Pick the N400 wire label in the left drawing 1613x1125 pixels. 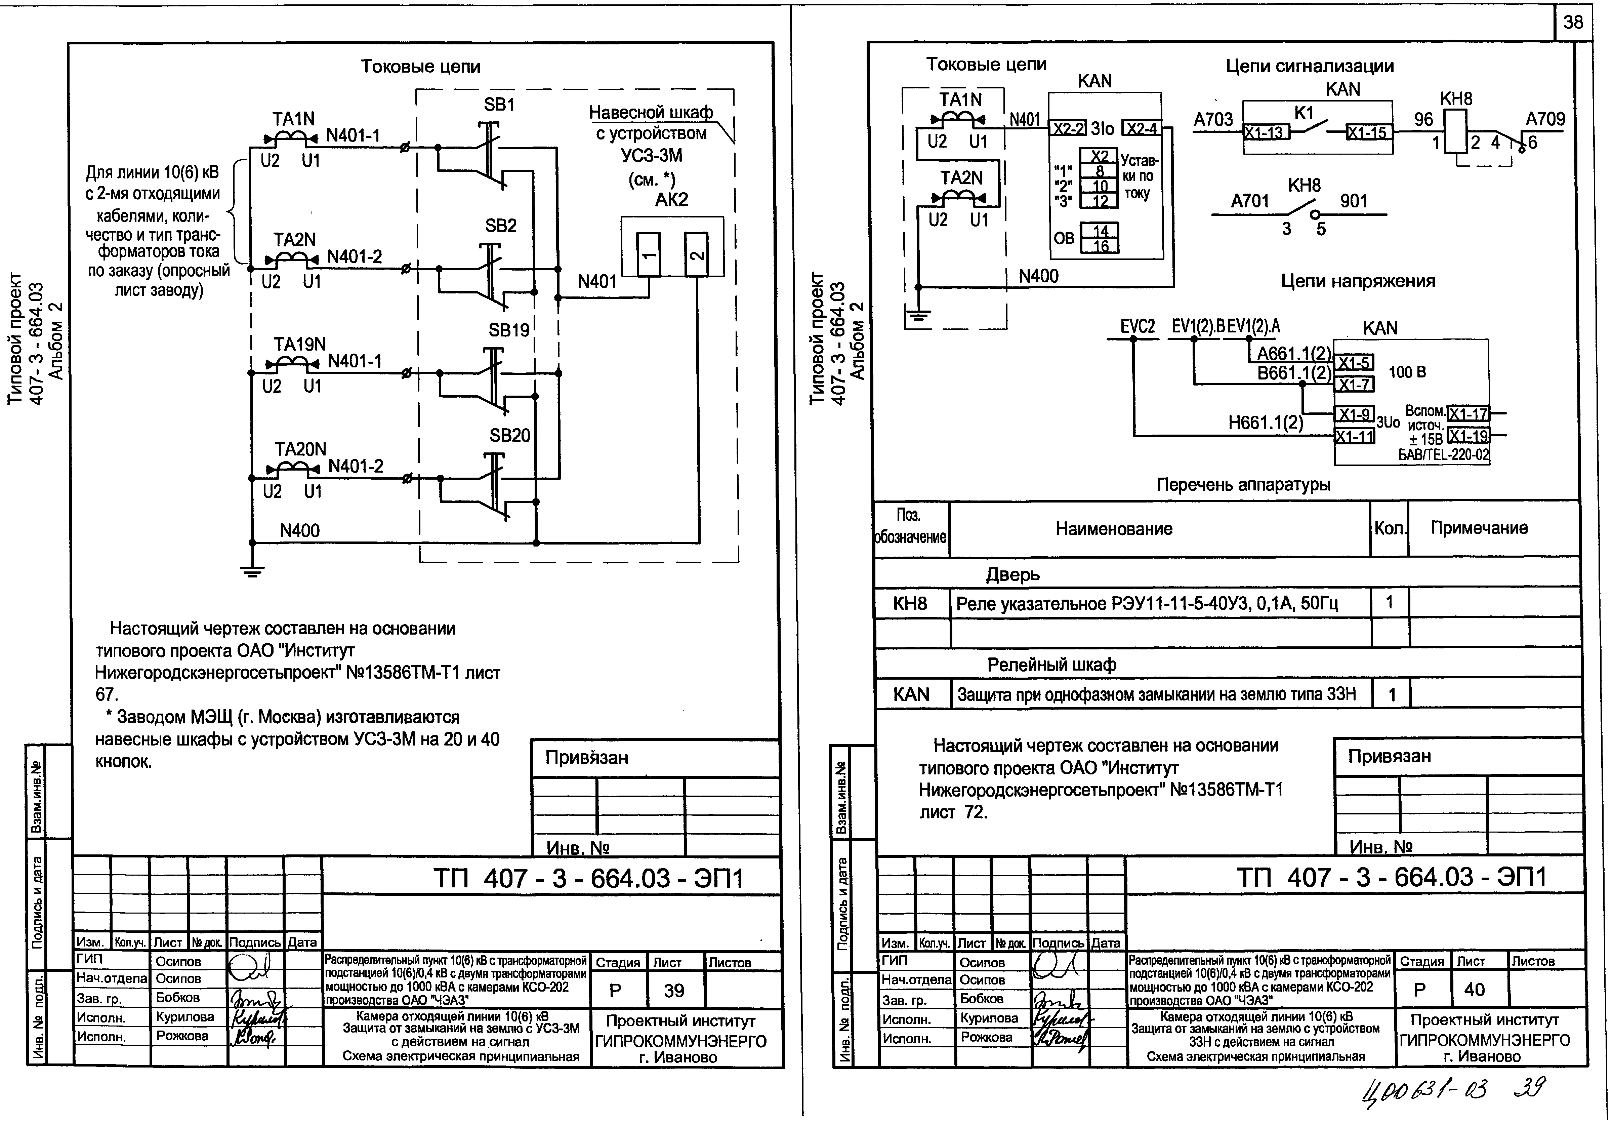point(300,530)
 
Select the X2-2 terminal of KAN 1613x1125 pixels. point(1068,129)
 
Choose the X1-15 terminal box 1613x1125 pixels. point(1367,132)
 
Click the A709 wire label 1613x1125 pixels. point(1545,119)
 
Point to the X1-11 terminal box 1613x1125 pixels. point(1354,436)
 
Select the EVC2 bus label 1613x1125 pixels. point(1138,327)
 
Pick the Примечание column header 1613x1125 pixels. point(1479,528)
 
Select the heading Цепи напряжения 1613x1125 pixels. point(1357,281)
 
